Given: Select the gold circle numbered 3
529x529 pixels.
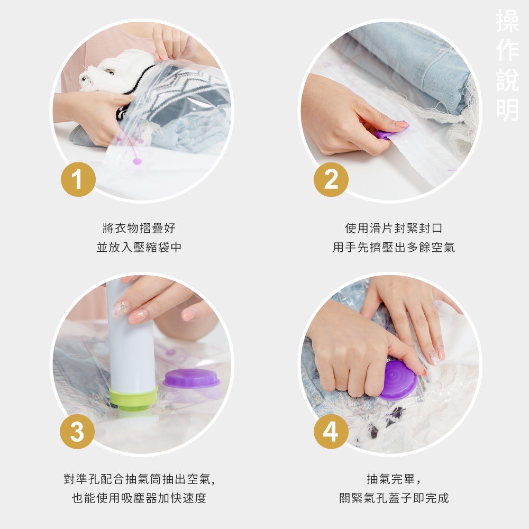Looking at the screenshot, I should click(x=78, y=432).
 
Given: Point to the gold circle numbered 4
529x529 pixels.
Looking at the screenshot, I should click(x=331, y=432).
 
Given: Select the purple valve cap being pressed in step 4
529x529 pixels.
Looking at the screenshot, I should click(x=398, y=380).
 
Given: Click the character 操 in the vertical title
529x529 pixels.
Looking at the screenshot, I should click(x=507, y=21).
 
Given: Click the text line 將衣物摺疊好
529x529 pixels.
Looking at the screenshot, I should click(x=139, y=229).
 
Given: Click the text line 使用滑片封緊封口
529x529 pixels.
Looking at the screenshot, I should click(x=393, y=229).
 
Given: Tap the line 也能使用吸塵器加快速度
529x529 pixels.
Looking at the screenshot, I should click(x=139, y=498).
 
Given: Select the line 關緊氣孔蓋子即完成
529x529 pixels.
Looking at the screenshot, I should click(x=393, y=498).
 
